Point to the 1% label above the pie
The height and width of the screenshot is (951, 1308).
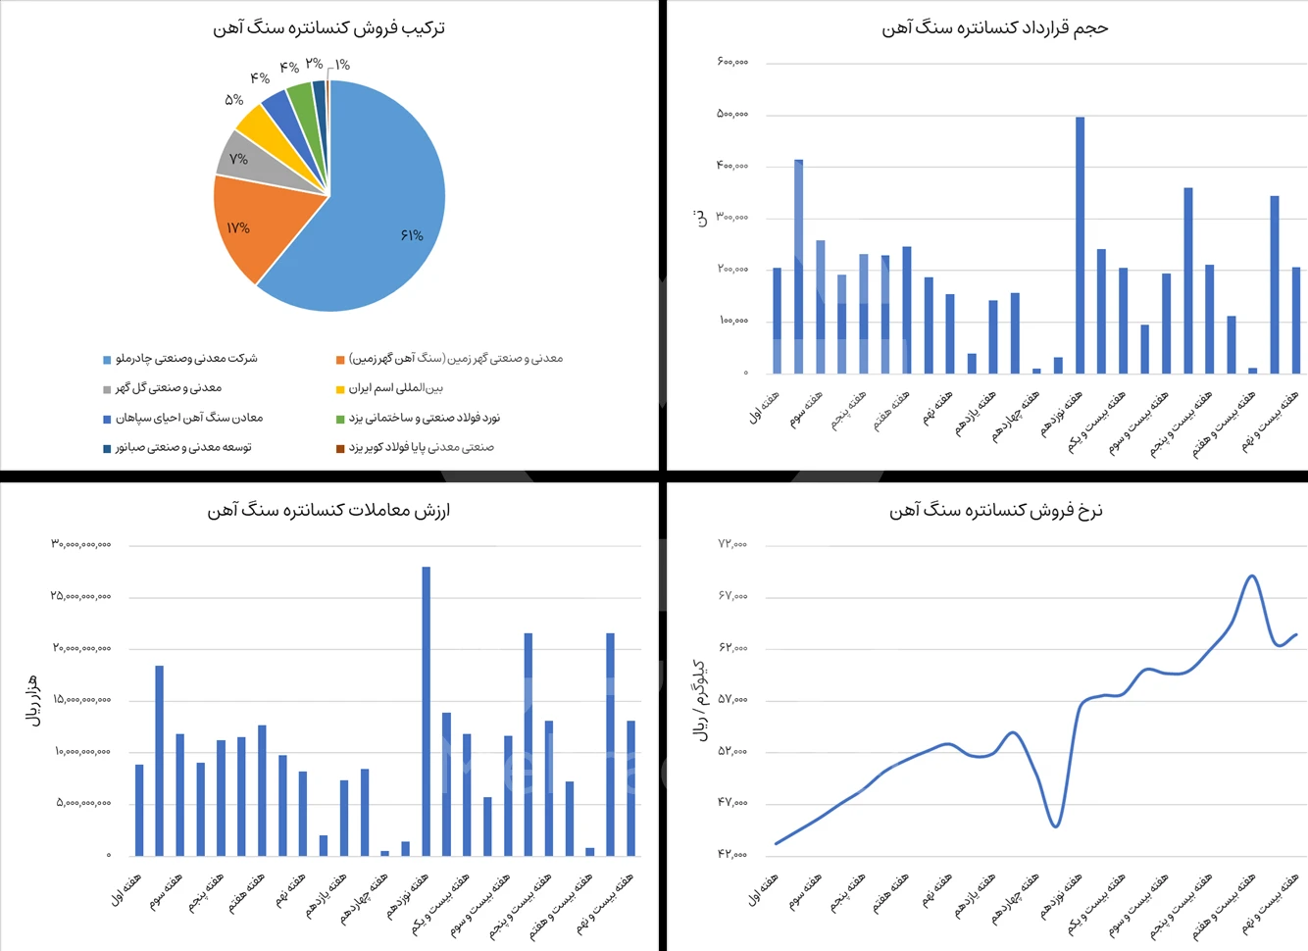(x=341, y=65)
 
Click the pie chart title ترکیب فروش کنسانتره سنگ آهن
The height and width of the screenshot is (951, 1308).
(x=328, y=28)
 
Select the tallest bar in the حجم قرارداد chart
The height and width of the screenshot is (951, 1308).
(x=1080, y=245)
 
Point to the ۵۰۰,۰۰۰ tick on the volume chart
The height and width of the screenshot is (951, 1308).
(x=731, y=114)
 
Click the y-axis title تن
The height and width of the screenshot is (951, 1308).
(x=700, y=218)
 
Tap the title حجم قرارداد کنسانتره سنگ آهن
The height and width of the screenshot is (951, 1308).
(x=994, y=28)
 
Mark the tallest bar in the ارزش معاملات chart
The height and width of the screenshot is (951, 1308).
(x=426, y=711)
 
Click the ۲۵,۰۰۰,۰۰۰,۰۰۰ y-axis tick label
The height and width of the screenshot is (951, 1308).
(x=81, y=596)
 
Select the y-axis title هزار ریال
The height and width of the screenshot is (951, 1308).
(x=33, y=700)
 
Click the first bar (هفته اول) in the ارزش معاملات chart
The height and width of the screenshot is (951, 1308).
(x=139, y=810)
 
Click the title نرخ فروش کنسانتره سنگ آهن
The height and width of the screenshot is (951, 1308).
(x=995, y=511)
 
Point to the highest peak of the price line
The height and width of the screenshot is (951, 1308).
(x=1251, y=576)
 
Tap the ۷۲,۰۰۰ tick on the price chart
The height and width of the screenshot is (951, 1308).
(x=731, y=543)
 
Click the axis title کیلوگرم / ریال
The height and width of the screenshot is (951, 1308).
(x=700, y=700)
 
